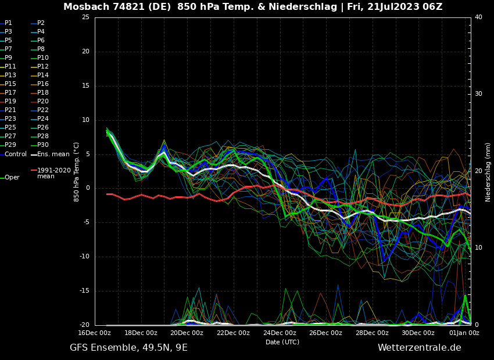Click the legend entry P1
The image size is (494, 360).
point(8,23)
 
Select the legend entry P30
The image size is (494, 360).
point(42,145)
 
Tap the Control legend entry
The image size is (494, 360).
point(16,154)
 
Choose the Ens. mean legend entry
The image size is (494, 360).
point(53,154)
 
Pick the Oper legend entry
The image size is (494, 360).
point(12,178)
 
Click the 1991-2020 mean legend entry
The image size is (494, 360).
point(53,173)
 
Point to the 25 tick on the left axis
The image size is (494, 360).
point(85,17)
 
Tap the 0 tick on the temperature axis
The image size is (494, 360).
point(87,188)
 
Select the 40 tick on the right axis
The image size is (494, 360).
point(478,17)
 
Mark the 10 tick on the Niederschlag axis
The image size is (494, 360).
point(478,248)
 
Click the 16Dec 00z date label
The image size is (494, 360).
point(95,333)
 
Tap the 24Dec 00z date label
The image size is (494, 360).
point(280,333)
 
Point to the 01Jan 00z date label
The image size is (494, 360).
point(464,333)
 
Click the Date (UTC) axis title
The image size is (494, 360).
point(282,342)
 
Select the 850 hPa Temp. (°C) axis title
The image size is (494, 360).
point(77,171)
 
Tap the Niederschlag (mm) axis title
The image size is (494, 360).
point(488,172)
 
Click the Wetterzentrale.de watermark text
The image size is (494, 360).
point(419,348)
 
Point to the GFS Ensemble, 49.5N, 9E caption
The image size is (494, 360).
point(128,348)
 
